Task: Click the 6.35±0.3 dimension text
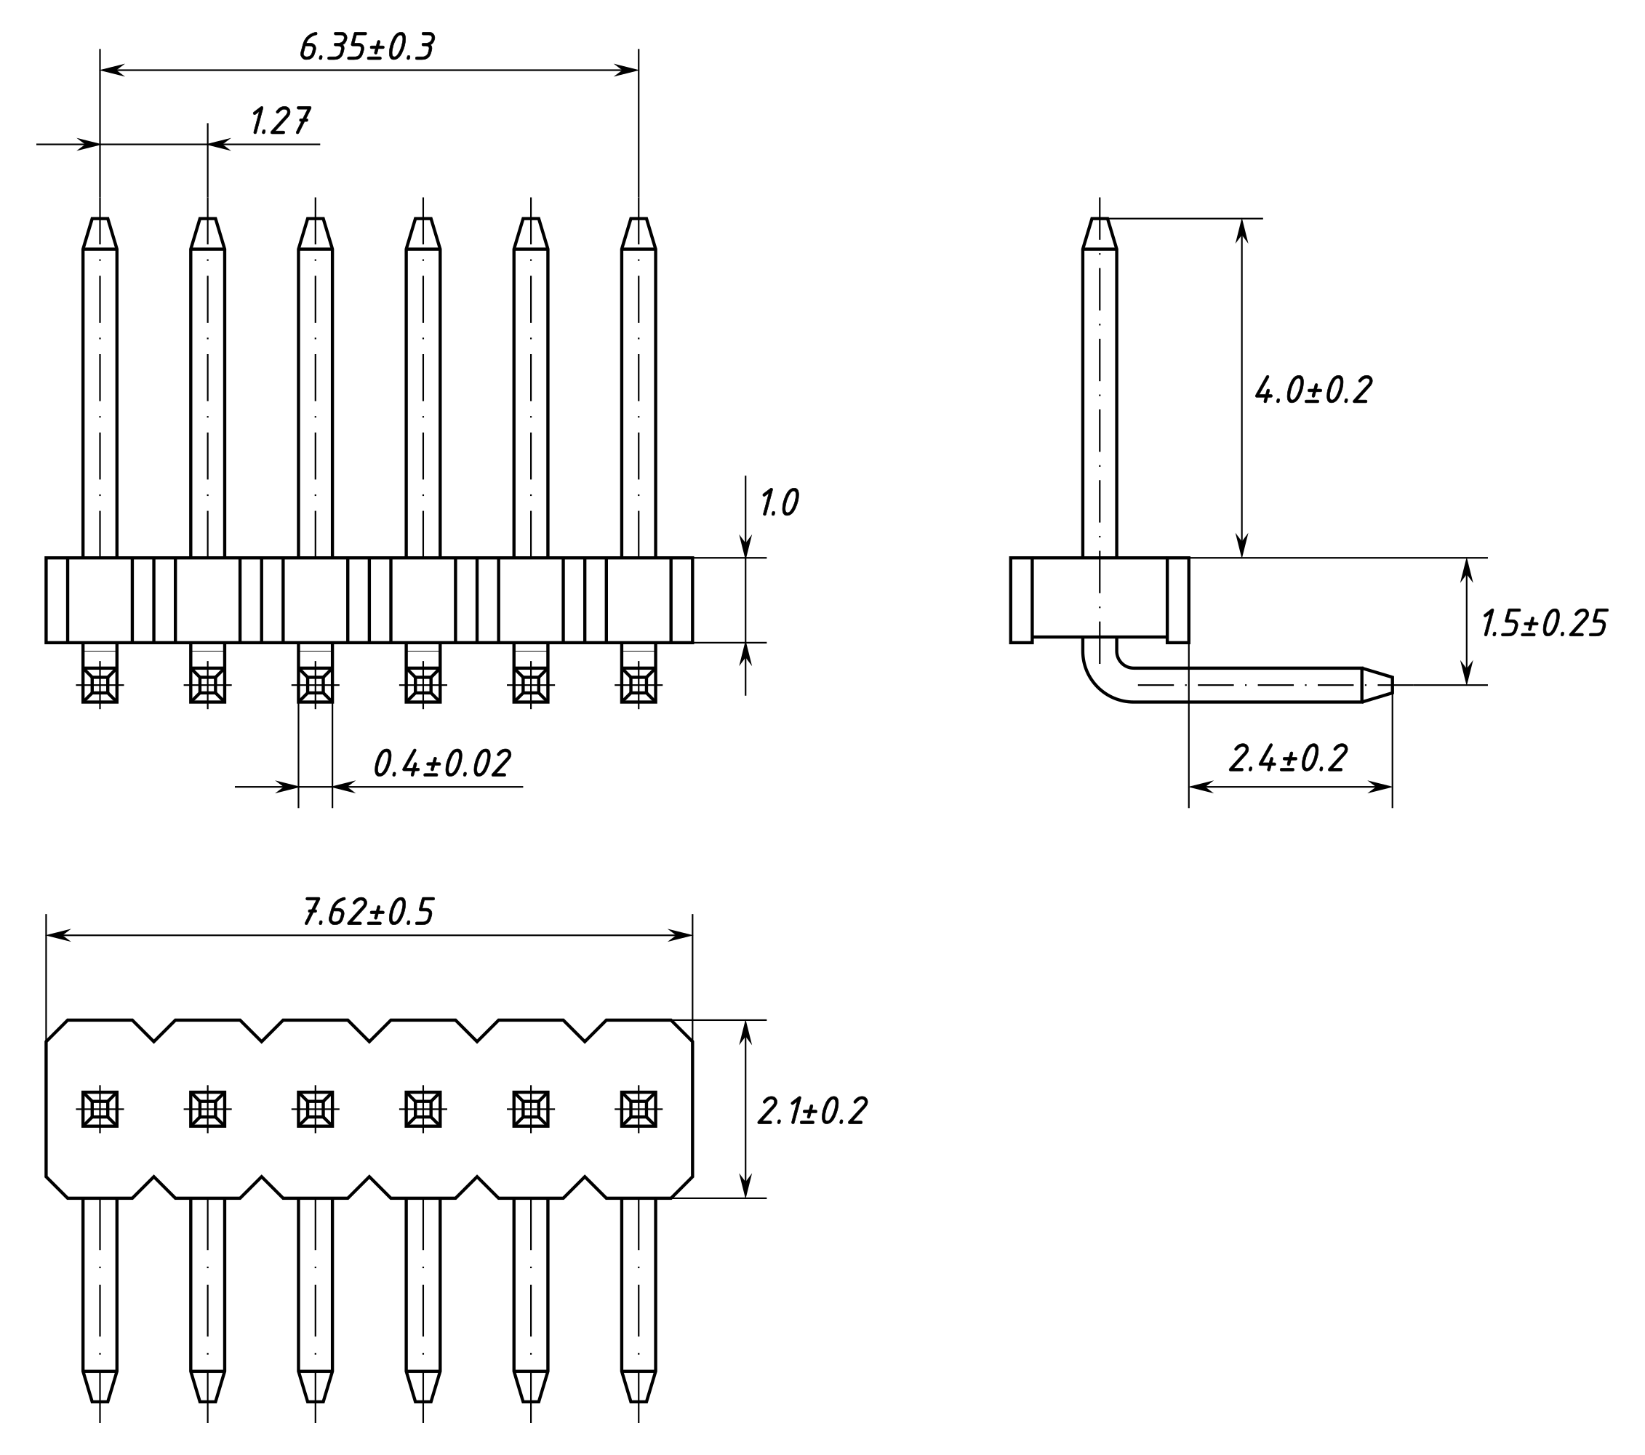367,48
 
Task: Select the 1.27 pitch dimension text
280,121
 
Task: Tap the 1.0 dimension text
779,503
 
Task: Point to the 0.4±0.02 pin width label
442,763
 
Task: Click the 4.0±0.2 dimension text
1313,390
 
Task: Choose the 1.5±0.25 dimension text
1544,624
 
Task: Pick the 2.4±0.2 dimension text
1288,759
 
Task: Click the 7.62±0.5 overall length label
368,913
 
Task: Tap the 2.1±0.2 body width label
812,1111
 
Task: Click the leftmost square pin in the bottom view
100,1109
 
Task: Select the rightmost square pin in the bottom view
639,1109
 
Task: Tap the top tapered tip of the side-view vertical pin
1100,233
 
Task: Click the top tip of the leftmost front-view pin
100,233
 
